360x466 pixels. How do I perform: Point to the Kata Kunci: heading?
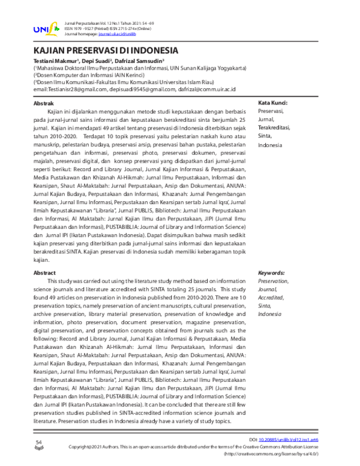(x=275, y=103)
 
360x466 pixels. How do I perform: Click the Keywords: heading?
(x=273, y=272)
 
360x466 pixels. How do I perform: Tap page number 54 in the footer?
(x=38, y=442)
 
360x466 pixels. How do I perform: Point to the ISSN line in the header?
(x=101, y=29)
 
